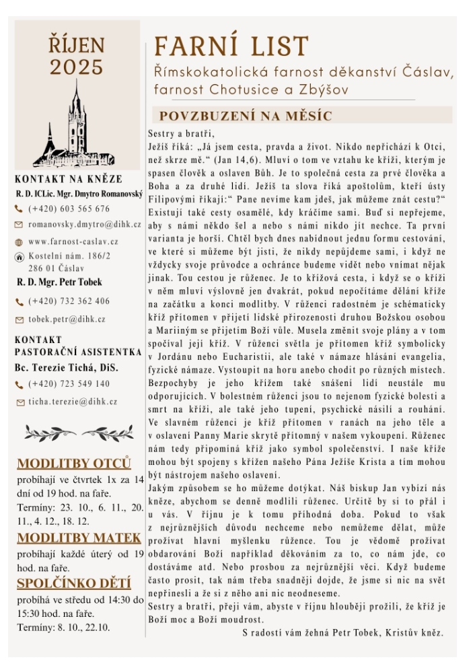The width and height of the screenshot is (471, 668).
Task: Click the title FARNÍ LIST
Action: click(231, 46)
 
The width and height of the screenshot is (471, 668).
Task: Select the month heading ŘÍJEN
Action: click(76, 46)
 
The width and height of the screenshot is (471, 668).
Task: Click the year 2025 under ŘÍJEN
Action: click(76, 67)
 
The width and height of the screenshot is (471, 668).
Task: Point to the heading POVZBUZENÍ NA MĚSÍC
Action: click(246, 115)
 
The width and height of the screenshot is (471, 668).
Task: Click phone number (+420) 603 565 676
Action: click(69, 209)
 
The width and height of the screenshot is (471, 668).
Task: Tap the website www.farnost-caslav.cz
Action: click(73, 241)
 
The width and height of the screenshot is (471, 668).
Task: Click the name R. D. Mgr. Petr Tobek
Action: click(59, 282)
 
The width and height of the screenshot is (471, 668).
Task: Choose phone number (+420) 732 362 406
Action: click(69, 301)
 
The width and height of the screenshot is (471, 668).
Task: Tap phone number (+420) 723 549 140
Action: click(69, 384)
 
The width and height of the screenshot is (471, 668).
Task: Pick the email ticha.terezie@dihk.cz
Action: click(73, 402)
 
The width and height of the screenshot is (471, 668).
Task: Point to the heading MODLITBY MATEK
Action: click(79, 537)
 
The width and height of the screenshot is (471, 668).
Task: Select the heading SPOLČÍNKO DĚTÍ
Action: click(74, 583)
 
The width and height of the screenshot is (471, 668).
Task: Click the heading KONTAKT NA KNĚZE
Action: click(69, 179)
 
